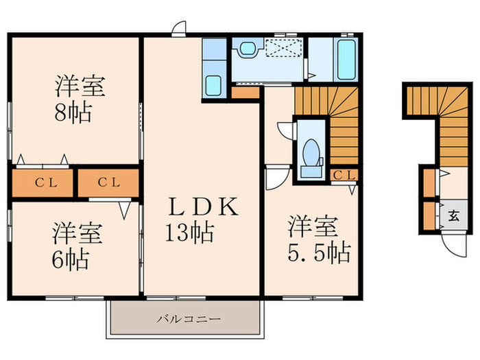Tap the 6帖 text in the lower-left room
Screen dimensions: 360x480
pos(72,260)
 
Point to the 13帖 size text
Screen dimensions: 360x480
pos(189,233)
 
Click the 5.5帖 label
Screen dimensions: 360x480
pos(317,251)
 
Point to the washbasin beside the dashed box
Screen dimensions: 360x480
pos(247,49)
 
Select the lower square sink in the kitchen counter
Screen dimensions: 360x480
pos(213,87)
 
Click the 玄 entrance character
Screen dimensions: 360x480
pos(453,215)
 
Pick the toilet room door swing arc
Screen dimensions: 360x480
pos(285,130)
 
